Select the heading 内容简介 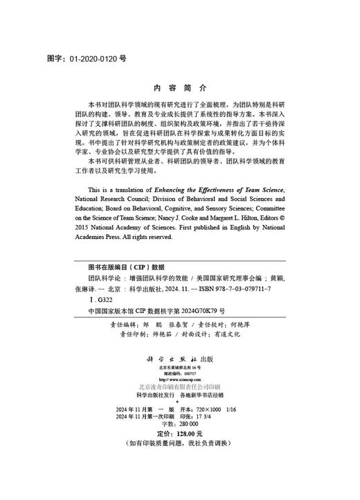click(179, 89)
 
